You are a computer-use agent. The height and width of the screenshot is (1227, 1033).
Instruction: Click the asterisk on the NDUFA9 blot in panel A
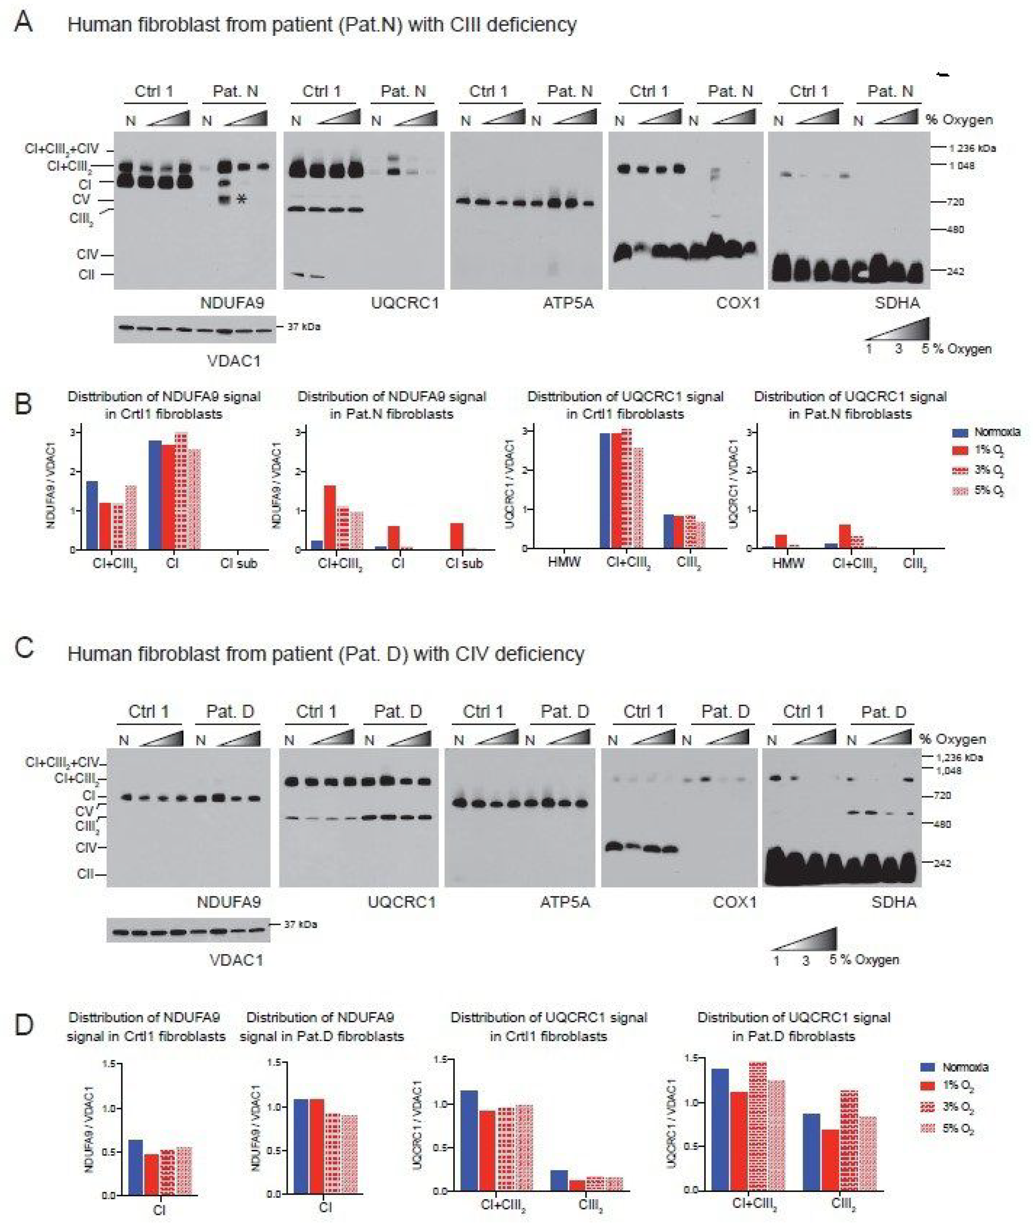coord(241,200)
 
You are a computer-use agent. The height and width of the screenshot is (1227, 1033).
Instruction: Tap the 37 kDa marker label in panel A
coord(303,327)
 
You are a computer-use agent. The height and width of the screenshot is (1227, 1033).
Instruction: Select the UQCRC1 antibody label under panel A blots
coord(405,303)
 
